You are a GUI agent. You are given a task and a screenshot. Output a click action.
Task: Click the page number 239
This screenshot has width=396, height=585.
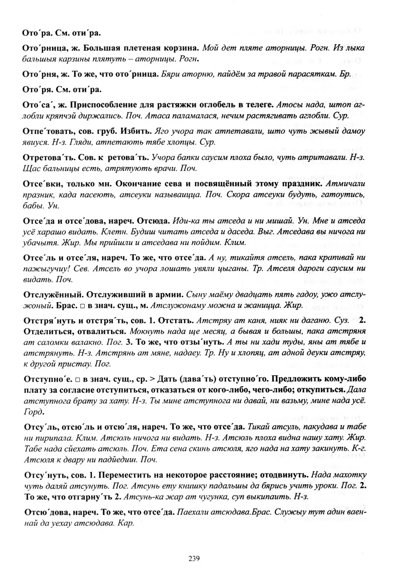(x=194, y=559)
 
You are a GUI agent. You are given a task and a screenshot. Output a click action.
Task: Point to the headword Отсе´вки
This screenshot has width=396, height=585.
(x=40, y=183)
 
